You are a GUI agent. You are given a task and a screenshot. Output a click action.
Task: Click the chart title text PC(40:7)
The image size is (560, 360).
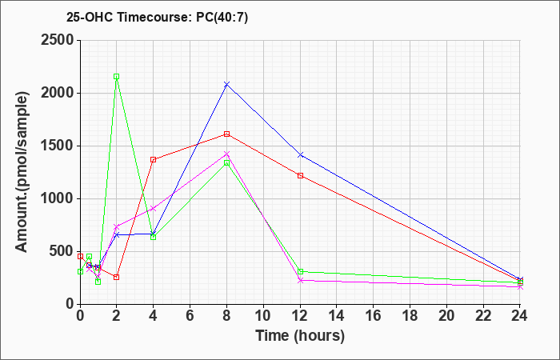click(222, 17)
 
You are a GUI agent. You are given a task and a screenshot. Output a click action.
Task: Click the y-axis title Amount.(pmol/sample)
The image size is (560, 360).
click(22, 172)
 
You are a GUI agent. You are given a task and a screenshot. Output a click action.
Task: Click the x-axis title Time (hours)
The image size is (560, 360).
click(300, 336)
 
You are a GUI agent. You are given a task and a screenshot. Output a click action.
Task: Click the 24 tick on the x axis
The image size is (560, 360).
click(520, 315)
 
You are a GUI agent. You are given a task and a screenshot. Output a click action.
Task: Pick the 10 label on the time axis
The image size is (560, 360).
click(263, 315)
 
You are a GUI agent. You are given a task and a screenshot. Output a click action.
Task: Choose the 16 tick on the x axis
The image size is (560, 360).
click(374, 315)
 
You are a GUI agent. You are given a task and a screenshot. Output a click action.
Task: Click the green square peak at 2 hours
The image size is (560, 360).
click(117, 77)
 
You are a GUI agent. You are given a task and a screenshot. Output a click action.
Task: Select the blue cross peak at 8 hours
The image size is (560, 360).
click(226, 84)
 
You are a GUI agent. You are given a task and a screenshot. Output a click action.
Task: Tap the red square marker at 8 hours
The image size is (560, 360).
click(226, 134)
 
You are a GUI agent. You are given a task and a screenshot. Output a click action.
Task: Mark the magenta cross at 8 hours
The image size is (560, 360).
click(226, 154)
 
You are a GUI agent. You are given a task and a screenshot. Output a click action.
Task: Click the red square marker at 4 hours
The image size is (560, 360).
click(154, 160)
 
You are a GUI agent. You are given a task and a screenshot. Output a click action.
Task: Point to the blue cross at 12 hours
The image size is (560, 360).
click(300, 155)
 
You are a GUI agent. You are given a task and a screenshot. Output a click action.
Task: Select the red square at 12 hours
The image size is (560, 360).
click(300, 176)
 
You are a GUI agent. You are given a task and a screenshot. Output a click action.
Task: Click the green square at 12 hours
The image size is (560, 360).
click(300, 272)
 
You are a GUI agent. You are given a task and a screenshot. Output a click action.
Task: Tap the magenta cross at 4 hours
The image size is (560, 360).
click(154, 208)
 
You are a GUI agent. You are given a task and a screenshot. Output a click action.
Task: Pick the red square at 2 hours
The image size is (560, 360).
click(117, 277)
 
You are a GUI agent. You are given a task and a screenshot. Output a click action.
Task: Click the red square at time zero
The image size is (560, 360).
click(80, 257)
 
